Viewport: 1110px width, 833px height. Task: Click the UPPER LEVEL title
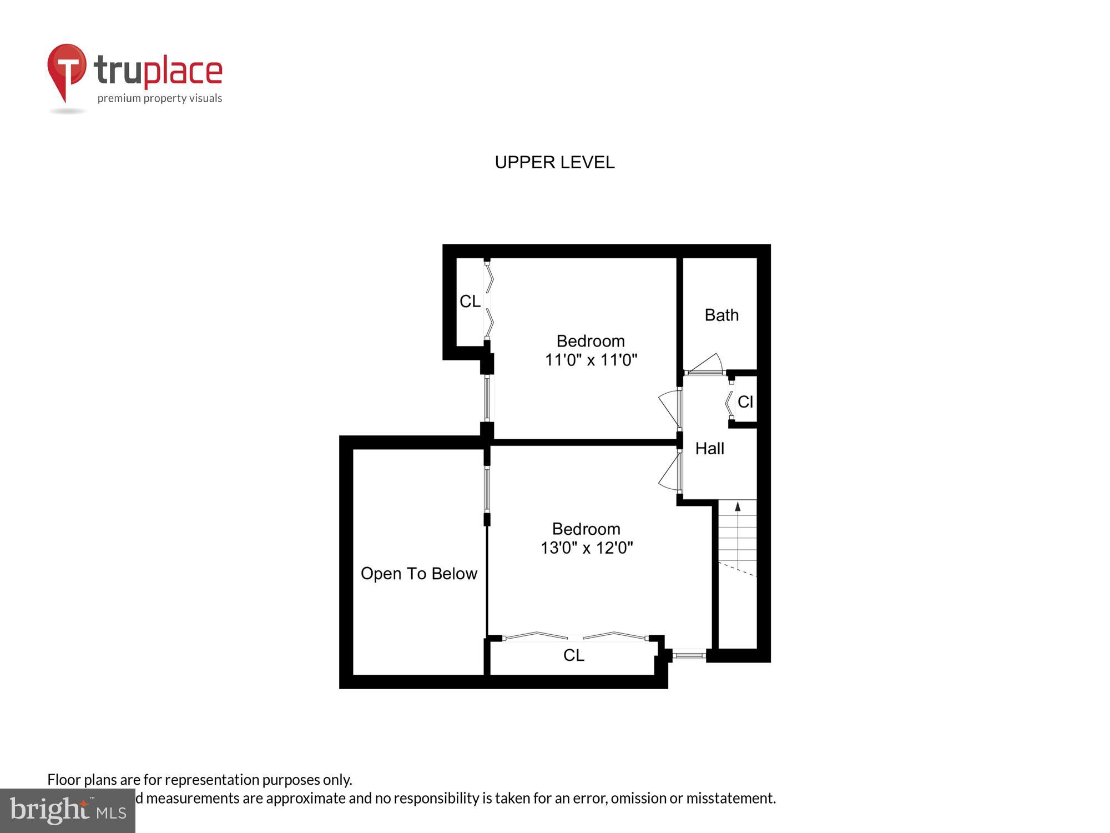pyautogui.click(x=554, y=162)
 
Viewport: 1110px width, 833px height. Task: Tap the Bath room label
pyautogui.click(x=722, y=315)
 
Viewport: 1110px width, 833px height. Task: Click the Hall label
pyautogui.click(x=709, y=448)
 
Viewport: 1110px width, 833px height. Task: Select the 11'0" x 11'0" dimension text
pyautogui.click(x=591, y=360)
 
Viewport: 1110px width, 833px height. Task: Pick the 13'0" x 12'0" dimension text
pyautogui.click(x=587, y=548)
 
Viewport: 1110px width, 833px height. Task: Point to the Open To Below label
pyautogui.click(x=419, y=573)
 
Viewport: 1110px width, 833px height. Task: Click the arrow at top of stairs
pyautogui.click(x=738, y=506)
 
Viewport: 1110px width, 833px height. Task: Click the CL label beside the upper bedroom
pyautogui.click(x=470, y=301)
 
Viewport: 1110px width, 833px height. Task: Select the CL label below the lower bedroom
pyautogui.click(x=574, y=655)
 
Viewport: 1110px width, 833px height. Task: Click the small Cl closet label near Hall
pyautogui.click(x=745, y=402)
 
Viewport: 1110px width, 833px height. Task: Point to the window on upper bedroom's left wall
pyautogui.click(x=487, y=398)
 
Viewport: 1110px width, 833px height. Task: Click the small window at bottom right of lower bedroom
pyautogui.click(x=688, y=656)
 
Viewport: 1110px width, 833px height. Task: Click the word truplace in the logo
pyautogui.click(x=158, y=71)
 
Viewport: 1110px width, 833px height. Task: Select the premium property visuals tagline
pyautogui.click(x=160, y=99)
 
